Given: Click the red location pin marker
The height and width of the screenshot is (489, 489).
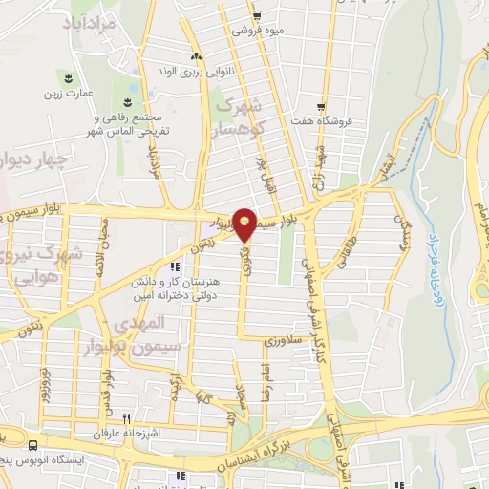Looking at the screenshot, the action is (245, 223).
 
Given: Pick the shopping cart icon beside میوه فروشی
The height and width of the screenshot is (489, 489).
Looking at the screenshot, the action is (258, 15).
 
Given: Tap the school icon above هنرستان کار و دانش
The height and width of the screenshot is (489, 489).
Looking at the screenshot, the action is (173, 267).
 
